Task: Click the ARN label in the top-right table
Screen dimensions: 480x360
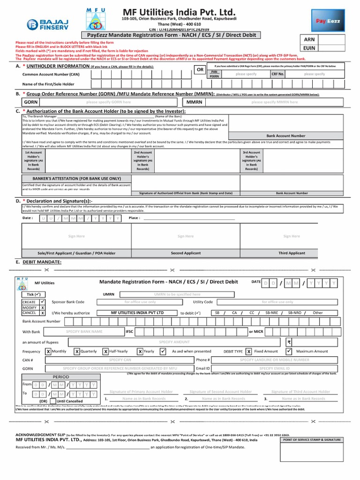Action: [309, 39]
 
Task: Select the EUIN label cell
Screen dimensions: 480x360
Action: [309, 48]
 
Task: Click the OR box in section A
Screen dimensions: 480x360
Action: [200, 69]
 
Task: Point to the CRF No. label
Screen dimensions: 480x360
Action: [277, 74]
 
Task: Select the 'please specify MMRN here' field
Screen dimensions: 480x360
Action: [274, 102]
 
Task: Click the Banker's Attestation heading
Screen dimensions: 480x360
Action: [70, 179]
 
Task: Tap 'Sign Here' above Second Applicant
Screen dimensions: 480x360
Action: [186, 236]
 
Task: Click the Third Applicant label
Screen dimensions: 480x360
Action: [292, 253]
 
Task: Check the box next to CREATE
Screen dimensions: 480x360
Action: [43, 301]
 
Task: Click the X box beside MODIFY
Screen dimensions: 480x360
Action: [43, 307]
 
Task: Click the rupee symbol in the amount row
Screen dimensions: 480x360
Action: [289, 342]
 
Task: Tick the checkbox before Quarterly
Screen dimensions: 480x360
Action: [77, 351]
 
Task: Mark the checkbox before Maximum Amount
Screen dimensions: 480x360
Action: [289, 351]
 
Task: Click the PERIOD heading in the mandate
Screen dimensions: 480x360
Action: [60, 376]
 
